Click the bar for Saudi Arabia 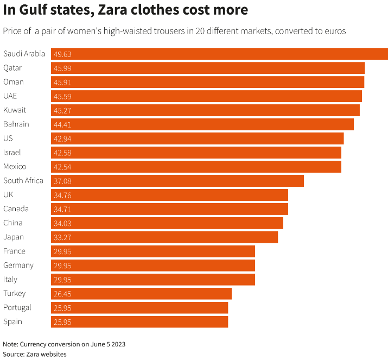coord(219,54)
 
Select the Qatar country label coord(12,68)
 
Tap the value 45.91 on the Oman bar coord(62,83)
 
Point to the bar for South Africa coord(177,181)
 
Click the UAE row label coord(10,96)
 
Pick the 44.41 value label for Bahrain coord(62,125)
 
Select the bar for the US coord(198,138)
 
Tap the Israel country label coord(12,153)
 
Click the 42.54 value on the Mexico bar coord(62,167)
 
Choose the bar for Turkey coord(142,294)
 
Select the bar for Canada coord(169,209)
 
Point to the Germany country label coord(18,266)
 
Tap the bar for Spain coord(139,322)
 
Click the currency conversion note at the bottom coord(68,344)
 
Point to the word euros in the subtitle coord(335,31)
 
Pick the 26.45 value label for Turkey coord(62,294)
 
